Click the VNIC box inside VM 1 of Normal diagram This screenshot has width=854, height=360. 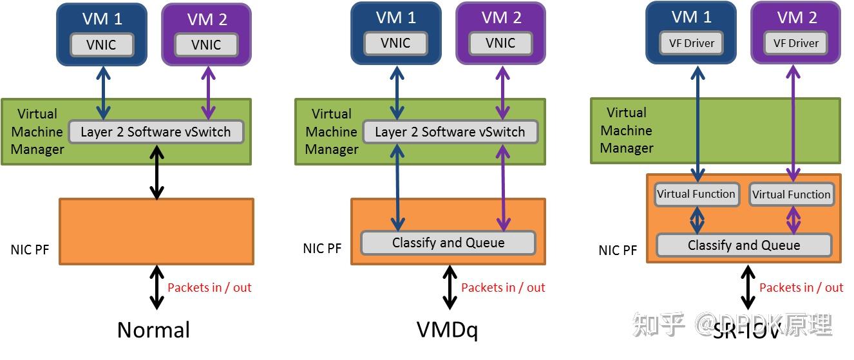(102, 45)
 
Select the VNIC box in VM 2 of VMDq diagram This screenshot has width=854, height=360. (500, 43)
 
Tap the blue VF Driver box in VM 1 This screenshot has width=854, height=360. (691, 43)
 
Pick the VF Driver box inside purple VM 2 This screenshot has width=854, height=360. (795, 43)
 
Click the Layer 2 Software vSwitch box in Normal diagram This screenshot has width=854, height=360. (155, 132)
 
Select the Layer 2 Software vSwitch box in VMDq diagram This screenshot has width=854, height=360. (450, 132)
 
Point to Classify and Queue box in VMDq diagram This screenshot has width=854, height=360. (448, 243)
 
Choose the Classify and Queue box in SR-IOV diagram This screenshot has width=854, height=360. (743, 245)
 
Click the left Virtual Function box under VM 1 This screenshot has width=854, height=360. (696, 194)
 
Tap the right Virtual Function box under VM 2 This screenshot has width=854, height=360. (791, 194)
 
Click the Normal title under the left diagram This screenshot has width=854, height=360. (153, 330)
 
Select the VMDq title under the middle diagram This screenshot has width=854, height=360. (447, 330)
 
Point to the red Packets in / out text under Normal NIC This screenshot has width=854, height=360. (209, 287)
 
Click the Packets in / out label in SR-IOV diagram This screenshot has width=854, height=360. (801, 287)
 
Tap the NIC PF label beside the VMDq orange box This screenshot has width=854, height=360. (322, 248)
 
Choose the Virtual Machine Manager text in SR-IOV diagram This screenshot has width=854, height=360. (626, 131)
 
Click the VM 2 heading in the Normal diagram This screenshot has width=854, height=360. (207, 20)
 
